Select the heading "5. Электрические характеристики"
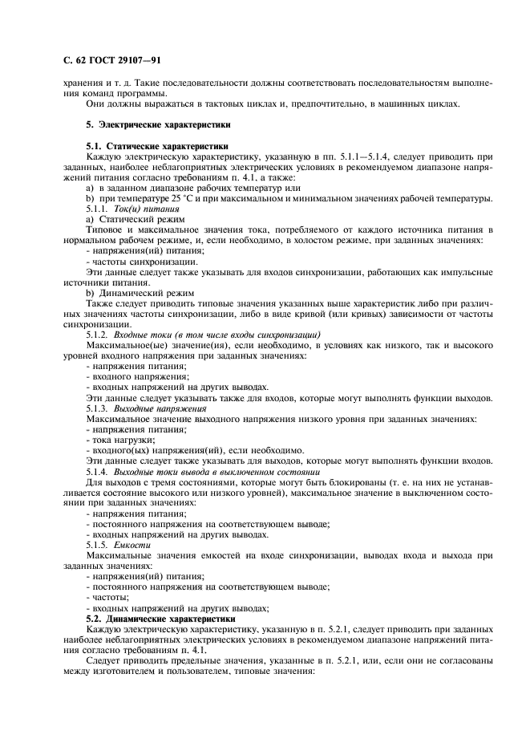pos(159,125)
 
